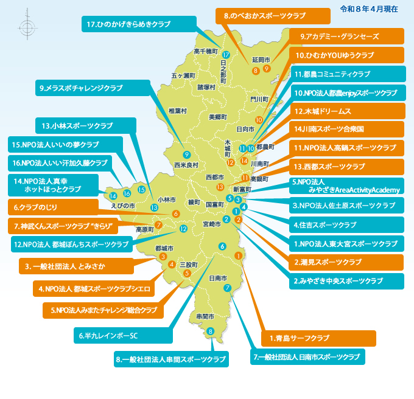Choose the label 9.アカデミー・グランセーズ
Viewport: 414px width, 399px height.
[x=345, y=36]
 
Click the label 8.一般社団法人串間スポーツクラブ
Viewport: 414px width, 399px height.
[x=171, y=359]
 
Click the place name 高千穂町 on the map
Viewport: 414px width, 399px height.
[x=205, y=52]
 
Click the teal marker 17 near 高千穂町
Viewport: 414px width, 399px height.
[x=226, y=55]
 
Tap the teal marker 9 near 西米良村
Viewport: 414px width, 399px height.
[x=186, y=154]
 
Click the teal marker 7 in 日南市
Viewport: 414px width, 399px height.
[x=226, y=288]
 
